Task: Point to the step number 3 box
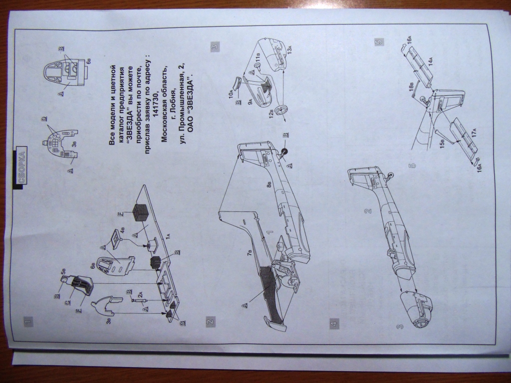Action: [215, 47]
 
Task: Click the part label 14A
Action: [428, 62]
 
